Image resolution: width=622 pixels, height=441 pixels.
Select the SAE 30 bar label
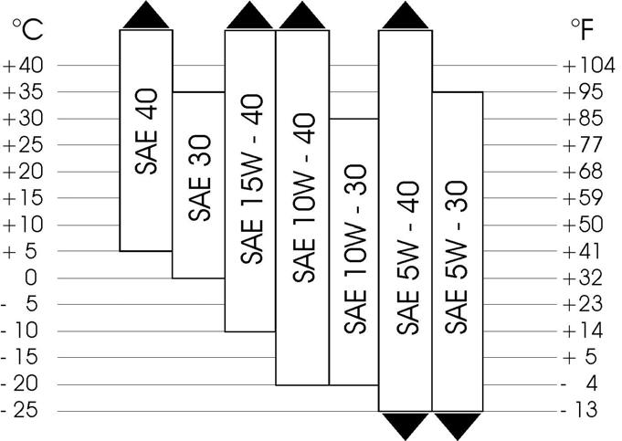click(199, 178)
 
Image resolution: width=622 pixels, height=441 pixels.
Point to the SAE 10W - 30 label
click(355, 247)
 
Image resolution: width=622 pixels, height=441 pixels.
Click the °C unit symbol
click(27, 31)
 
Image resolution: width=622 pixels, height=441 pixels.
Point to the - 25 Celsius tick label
click(21, 411)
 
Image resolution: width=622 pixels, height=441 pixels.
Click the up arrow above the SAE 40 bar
click(147, 16)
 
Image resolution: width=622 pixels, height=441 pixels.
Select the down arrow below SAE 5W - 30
click(458, 425)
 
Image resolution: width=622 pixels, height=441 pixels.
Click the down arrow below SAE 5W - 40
click(406, 425)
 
